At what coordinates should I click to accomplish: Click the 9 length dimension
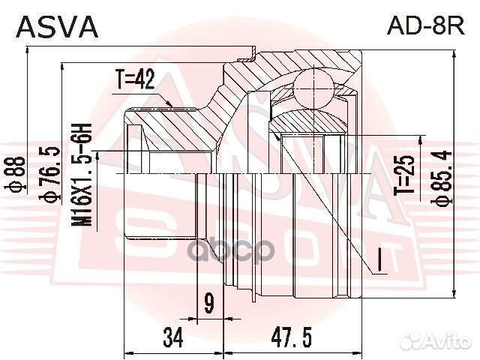pos(208,303)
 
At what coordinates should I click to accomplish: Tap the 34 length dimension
pos(173,338)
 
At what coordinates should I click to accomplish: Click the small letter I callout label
pos(380,260)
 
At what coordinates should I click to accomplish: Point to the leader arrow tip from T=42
pos(175,104)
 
